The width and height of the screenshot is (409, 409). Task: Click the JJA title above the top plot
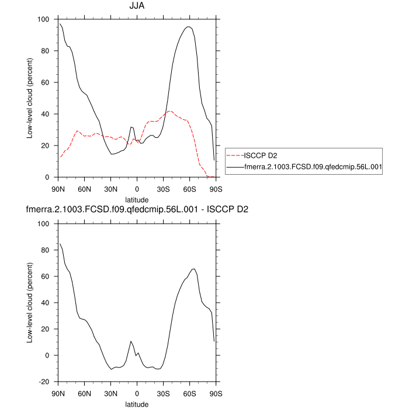tap(137, 6)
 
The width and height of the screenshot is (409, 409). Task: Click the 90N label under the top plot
tap(58, 189)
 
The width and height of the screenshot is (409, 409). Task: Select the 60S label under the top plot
tap(190, 189)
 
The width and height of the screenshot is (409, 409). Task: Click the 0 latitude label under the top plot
tap(137, 189)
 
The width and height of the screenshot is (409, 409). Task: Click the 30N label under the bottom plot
tap(111, 393)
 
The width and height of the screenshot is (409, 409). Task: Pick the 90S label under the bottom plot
tap(216, 393)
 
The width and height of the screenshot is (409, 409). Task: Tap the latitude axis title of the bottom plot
tap(137, 403)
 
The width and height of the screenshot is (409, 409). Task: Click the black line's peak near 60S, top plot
tap(188, 26)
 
